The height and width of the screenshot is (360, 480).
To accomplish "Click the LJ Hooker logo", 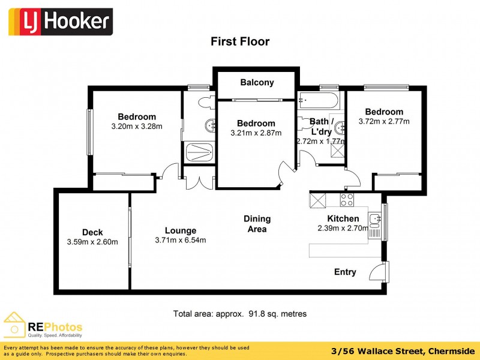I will tap(60, 22).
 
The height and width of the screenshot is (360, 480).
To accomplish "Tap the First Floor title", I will tap(239, 41).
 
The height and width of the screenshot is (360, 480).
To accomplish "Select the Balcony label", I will tap(257, 83).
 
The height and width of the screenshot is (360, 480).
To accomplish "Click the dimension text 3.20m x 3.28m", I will tap(137, 127).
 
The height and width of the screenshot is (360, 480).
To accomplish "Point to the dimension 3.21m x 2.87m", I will tap(256, 133).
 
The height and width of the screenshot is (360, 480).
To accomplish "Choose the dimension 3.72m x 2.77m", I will tap(384, 121).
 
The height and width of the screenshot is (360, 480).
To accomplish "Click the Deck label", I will tap(92, 232).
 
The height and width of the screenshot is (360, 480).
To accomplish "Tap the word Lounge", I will tap(181, 230).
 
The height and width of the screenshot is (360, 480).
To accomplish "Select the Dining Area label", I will tap(257, 224).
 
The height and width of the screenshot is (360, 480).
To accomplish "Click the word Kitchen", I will tap(343, 218).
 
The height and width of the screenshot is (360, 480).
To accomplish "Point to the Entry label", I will tap(345, 272).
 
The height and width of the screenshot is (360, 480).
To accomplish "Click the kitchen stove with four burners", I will tap(347, 200).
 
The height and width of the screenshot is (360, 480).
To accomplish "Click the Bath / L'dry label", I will tap(320, 127).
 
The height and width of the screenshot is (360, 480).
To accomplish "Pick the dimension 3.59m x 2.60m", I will tap(92, 242).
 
